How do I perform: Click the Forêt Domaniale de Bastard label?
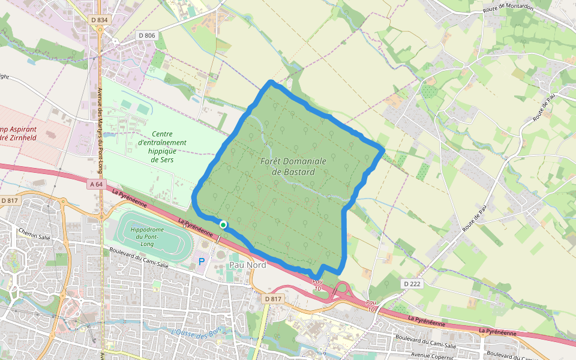[293, 167]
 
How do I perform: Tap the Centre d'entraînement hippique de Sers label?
[162, 147]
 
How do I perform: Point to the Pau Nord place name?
[248, 265]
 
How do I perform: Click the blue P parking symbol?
[202, 262]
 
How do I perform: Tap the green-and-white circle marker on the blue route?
[223, 224]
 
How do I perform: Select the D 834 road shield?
[100, 20]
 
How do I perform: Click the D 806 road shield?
[146, 35]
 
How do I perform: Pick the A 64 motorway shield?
[95, 184]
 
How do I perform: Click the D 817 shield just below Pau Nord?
[273, 298]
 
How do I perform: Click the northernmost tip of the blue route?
[271, 82]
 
